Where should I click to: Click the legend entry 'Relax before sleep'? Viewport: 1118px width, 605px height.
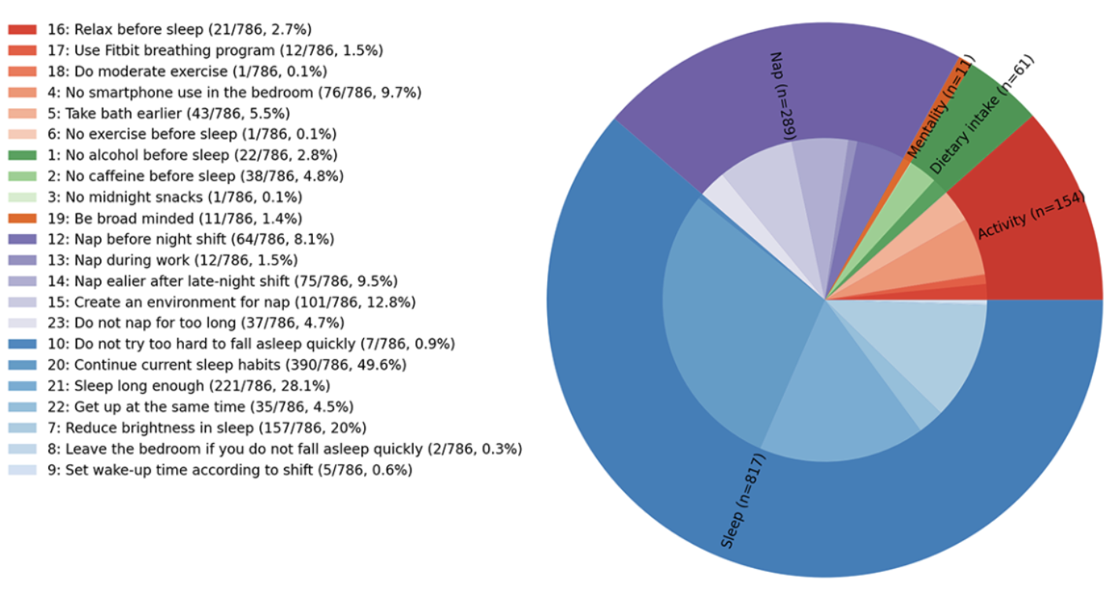tap(179, 30)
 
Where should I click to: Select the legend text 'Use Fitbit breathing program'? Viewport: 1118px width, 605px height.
tap(215, 50)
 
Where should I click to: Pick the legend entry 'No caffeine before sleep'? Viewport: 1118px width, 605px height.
tap(195, 176)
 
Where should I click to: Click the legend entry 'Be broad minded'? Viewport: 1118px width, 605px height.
tap(175, 218)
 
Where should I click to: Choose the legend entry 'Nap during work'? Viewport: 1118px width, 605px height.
tap(172, 260)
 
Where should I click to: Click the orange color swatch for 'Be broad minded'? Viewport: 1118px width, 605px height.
tap(22, 218)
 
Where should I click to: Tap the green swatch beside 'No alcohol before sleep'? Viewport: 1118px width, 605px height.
tap(22, 156)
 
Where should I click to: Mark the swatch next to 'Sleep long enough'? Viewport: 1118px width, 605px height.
tap(22, 386)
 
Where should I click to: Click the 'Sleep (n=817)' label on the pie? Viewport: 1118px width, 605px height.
tap(743, 500)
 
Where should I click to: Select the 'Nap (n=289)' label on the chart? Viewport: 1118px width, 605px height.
tap(782, 96)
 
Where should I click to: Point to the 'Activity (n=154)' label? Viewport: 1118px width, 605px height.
tap(1030, 216)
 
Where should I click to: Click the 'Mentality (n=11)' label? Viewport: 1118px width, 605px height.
tap(940, 107)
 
